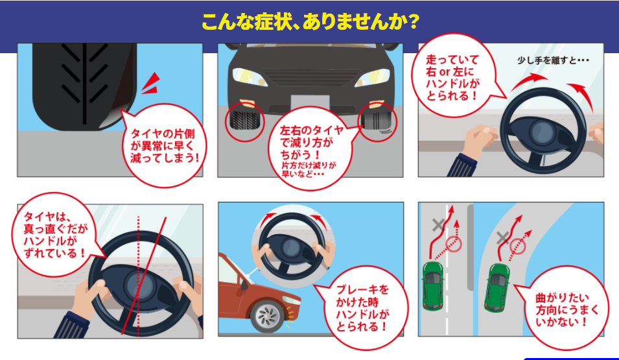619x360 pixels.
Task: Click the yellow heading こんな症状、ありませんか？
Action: [x=310, y=22]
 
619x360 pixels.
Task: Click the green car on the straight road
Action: [x=433, y=285]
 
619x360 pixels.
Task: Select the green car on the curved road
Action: [x=497, y=287]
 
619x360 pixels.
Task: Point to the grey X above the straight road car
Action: [x=438, y=225]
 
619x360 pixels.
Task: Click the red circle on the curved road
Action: [x=517, y=246]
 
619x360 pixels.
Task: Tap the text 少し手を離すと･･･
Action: [x=553, y=60]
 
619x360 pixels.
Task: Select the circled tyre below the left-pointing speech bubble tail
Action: [x=377, y=122]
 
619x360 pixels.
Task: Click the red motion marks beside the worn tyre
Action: [x=151, y=84]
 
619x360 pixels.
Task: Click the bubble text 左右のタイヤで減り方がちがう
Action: [x=312, y=141]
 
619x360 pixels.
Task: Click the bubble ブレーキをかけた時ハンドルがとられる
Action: [x=362, y=308]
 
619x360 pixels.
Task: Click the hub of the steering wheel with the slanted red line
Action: [x=139, y=285]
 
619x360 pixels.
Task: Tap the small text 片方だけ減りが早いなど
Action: [x=308, y=169]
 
